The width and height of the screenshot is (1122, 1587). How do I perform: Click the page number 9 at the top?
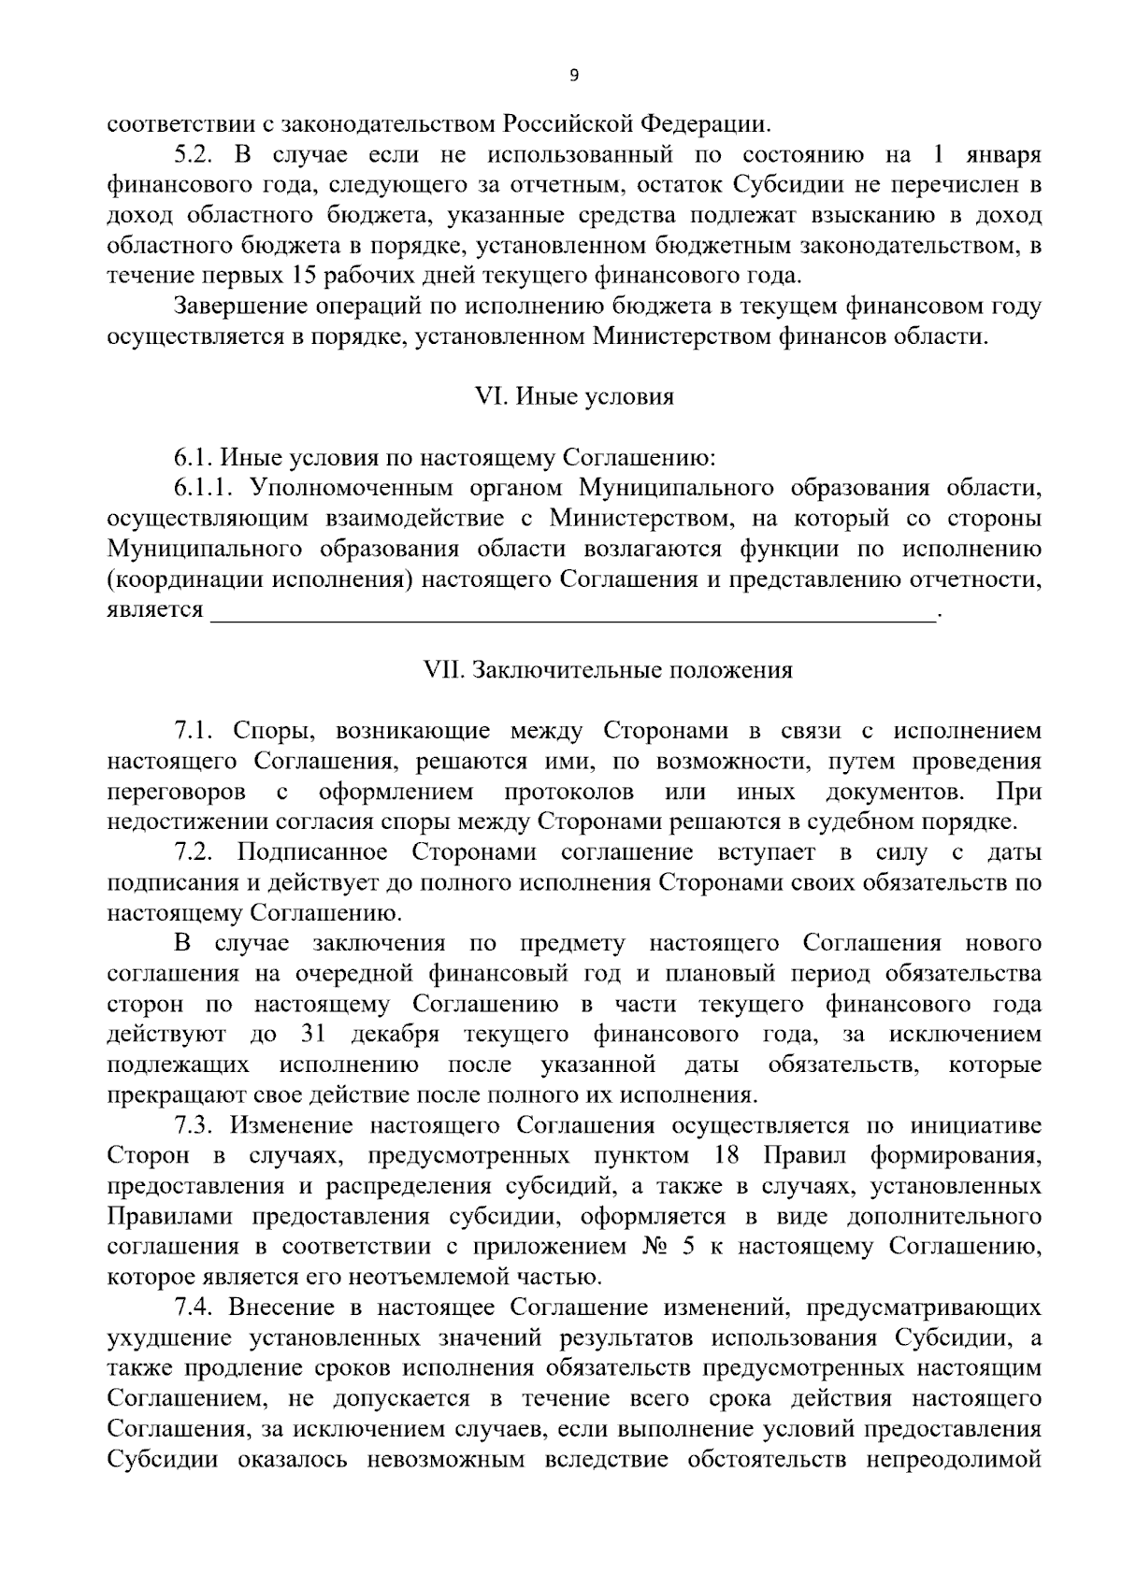click(x=573, y=76)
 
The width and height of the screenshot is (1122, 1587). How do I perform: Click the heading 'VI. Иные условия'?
click(x=575, y=396)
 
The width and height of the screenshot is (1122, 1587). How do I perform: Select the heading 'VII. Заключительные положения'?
click(x=608, y=670)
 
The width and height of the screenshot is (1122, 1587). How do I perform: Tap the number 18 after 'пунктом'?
click(x=726, y=1156)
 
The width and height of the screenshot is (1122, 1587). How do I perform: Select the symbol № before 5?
click(x=650, y=1247)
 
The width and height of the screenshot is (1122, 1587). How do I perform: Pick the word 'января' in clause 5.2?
click(x=1002, y=154)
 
